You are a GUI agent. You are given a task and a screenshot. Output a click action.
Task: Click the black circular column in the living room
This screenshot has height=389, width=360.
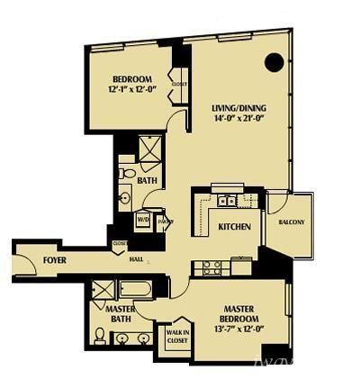click(275, 62)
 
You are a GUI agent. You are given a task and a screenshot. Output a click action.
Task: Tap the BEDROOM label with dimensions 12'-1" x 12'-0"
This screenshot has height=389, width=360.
click(131, 83)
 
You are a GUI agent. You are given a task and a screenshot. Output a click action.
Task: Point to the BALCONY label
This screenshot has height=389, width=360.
click(292, 222)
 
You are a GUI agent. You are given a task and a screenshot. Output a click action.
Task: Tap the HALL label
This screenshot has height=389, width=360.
click(136, 259)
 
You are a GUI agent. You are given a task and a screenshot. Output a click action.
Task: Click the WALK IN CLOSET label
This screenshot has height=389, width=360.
click(177, 336)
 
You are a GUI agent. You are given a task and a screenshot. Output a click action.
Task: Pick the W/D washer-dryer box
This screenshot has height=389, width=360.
click(142, 219)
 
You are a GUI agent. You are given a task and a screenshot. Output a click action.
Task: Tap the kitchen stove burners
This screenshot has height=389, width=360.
click(211, 267)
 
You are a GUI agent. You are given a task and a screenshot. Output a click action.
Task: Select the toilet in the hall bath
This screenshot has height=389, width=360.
click(127, 171)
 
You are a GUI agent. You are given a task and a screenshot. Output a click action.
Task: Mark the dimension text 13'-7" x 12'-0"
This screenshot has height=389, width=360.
click(240, 329)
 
